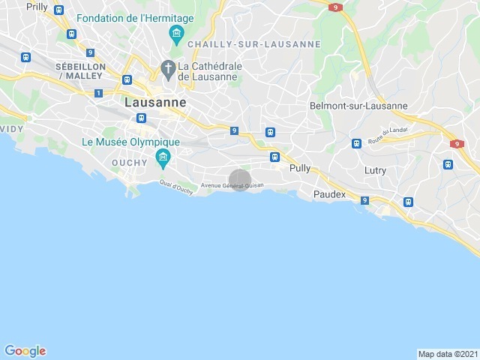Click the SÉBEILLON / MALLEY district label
74,70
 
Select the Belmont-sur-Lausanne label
358,106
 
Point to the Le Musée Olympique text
130,142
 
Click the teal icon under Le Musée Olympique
161,157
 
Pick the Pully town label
299,169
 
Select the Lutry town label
375,170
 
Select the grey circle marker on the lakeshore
239,180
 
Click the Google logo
25,350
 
